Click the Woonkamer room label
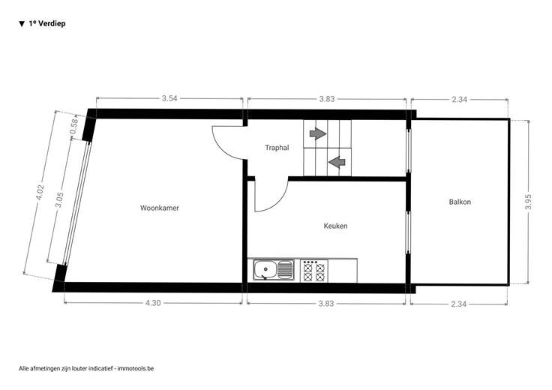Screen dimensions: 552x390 [x=160, y=208]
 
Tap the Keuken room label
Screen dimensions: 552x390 [x=335, y=226]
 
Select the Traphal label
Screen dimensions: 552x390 [x=277, y=148]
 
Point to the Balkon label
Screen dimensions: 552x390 [x=460, y=202]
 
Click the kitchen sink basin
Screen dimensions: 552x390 [x=265, y=270]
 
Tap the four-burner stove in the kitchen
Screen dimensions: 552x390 [x=314, y=271]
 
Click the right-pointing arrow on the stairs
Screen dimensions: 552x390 [x=318, y=133]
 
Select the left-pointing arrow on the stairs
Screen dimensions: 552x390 [x=337, y=162]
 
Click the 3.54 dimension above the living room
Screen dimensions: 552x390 [x=169, y=98]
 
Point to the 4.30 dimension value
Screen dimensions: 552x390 [x=153, y=303]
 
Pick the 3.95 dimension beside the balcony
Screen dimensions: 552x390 [x=528, y=202]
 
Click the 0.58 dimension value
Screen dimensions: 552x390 [x=73, y=127]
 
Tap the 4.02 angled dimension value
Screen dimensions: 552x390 [x=40, y=192]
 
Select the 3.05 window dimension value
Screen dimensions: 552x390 [x=59, y=199]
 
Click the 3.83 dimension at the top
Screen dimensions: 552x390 [x=327, y=99]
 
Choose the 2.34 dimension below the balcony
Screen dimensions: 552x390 [x=459, y=304]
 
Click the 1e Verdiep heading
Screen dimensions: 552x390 [x=47, y=23]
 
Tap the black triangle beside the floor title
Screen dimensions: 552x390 [x=22, y=24]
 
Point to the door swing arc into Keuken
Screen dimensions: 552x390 [x=280, y=202]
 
